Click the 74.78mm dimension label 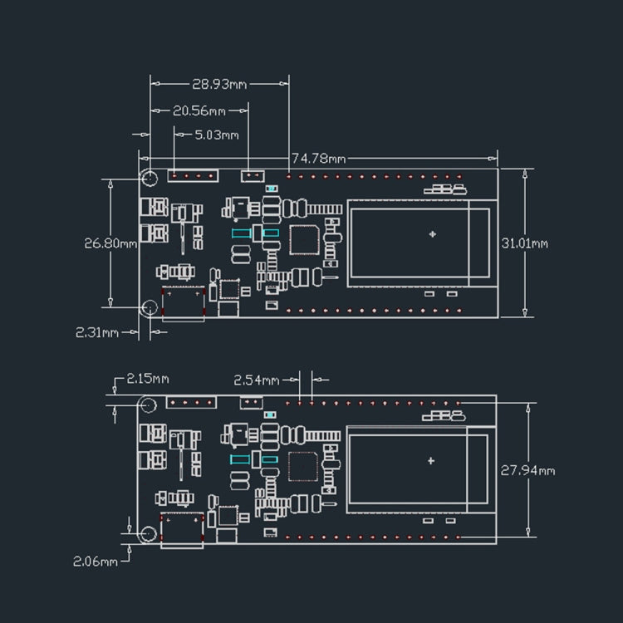pos(318,158)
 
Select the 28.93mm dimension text pos(219,84)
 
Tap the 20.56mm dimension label pos(199,110)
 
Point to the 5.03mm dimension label pos(216,135)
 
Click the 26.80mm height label pos(110,243)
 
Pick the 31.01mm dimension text pos(525,243)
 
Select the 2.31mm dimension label pos(96,332)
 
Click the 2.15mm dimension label pos(147,379)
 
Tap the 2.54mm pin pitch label pos(256,380)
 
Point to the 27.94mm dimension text pos(527,470)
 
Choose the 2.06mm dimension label pos(95,561)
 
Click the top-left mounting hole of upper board pos(150,178)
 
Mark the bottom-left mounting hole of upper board pos(149,308)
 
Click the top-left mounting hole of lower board pos(148,405)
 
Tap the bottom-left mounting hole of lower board pos(148,534)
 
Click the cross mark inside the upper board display pos(432,234)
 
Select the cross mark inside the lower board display pos(430,460)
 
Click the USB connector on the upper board pos(184,304)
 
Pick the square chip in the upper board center pos(304,240)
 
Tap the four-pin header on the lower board pos(192,403)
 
